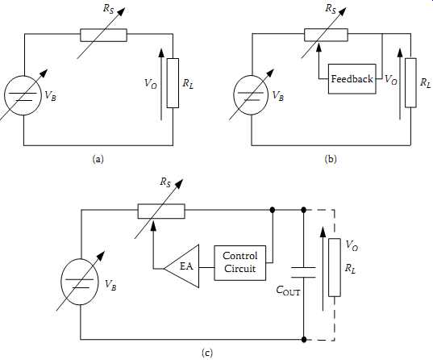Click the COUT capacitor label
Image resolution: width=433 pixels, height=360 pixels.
tap(288, 291)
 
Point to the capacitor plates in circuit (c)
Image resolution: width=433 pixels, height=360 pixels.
tap(303, 272)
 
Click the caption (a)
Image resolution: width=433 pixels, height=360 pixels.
tap(98, 159)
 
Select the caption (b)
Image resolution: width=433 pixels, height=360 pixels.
tap(331, 159)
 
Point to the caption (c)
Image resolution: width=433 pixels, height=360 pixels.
tap(207, 353)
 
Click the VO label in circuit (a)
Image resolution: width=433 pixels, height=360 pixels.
tap(151, 83)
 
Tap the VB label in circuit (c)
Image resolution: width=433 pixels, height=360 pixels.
tap(110, 285)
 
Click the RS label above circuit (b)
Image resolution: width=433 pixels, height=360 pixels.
tap(331, 9)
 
